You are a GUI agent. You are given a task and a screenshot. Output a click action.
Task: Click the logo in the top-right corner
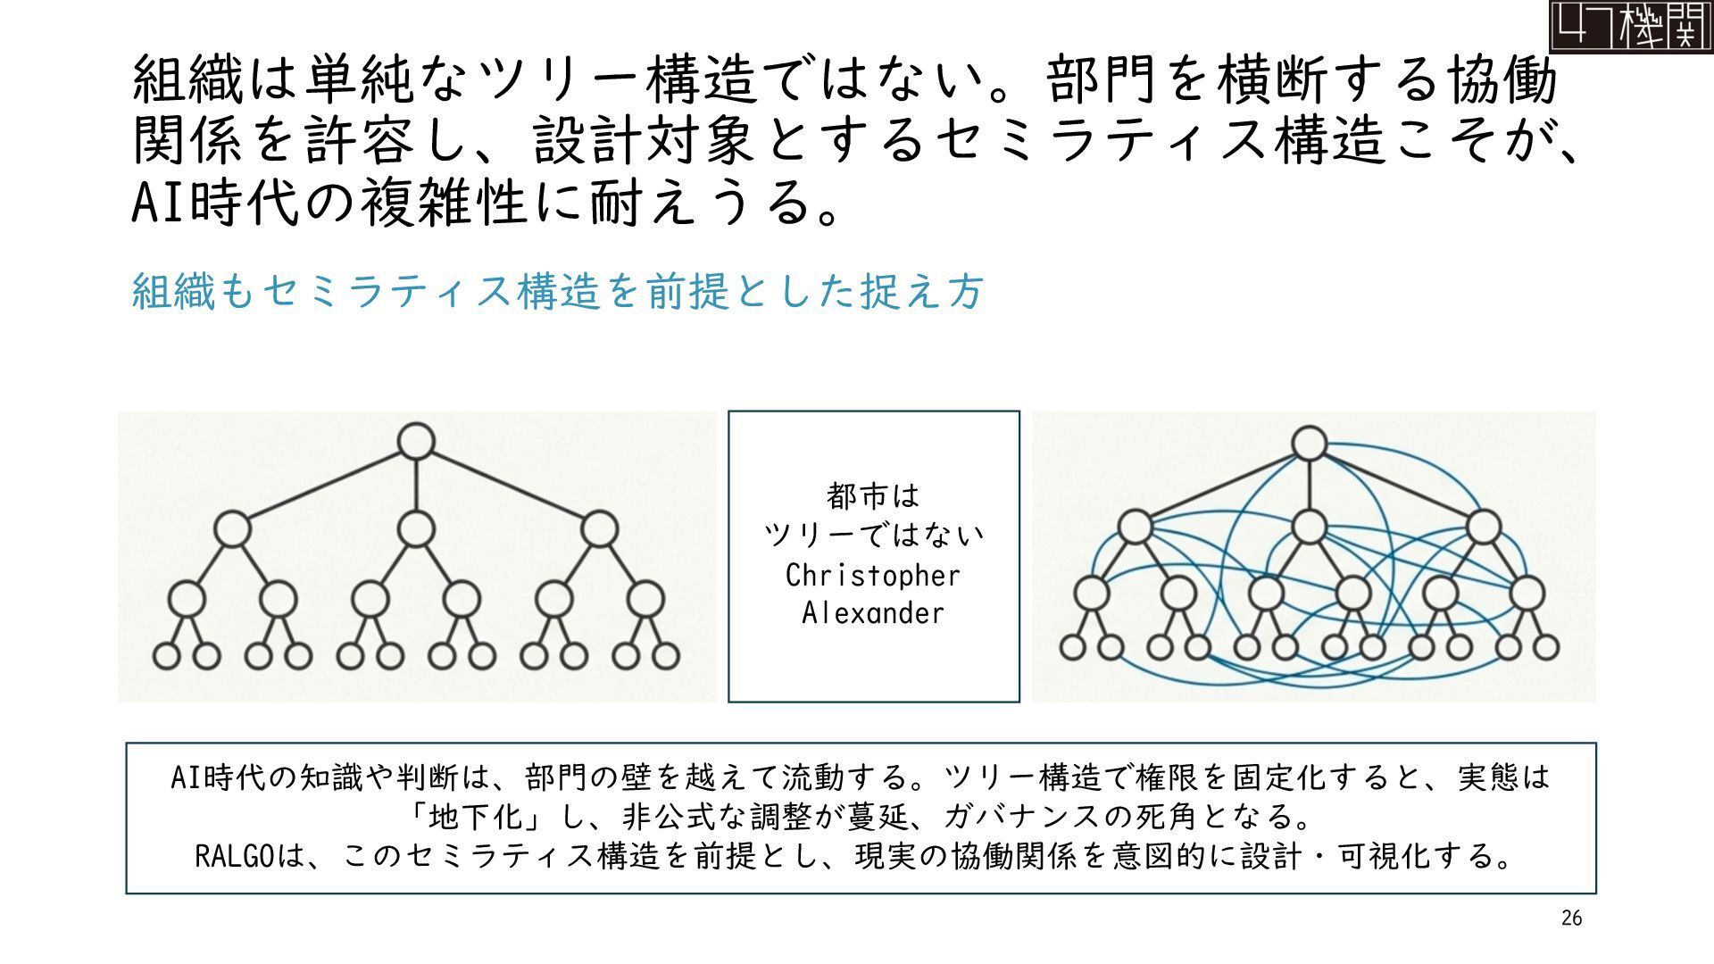pos(1630,26)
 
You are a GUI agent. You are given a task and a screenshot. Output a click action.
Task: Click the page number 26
pos(1571,918)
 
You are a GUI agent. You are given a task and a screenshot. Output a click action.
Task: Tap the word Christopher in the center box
pos(872,576)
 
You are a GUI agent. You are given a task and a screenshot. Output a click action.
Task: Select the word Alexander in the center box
pos(872,613)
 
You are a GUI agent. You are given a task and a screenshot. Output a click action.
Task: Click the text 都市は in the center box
pos(872,494)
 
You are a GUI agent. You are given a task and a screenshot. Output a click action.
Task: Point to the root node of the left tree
pos(416,441)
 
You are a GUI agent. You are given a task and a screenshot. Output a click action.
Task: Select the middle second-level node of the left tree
pos(416,529)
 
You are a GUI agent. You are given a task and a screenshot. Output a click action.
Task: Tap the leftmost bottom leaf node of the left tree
pos(167,656)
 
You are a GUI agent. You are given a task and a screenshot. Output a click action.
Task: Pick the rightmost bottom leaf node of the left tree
pos(665,656)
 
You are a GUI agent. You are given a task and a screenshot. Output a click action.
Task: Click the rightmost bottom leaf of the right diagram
pos(1545,646)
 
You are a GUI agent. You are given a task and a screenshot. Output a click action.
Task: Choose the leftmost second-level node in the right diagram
pos(1136,527)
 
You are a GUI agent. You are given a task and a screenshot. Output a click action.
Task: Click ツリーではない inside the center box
pos(872,536)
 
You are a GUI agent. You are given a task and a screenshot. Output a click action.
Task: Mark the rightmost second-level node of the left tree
pos(599,529)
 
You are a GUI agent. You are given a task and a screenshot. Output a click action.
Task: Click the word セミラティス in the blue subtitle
pos(387,291)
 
